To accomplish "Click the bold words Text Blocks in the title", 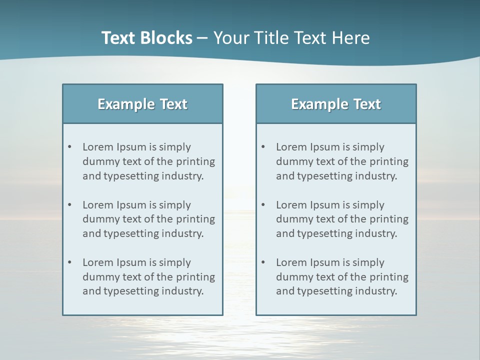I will coord(146,38).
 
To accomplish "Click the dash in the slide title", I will coord(202,38).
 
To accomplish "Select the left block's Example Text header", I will coord(142,104).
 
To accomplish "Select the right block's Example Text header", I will coord(336,104).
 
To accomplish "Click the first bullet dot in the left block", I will coord(70,147).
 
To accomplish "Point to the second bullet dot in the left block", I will coord(70,205).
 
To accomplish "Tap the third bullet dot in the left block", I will coord(70,262).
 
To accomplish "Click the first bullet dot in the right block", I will coord(263,147).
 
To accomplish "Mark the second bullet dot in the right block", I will coord(263,205).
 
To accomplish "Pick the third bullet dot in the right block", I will coord(263,262).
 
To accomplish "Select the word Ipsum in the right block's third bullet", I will coord(324,262).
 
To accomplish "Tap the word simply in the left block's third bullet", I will coord(174,263).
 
